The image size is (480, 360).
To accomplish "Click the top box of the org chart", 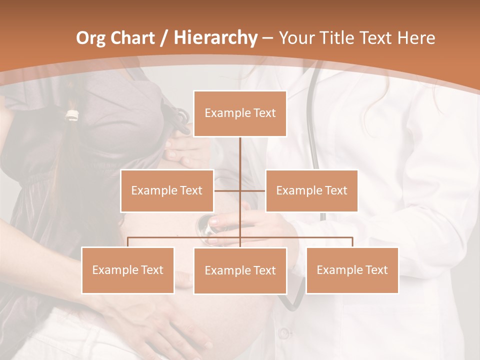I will [240, 113].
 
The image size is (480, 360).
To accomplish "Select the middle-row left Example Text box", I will [167, 190].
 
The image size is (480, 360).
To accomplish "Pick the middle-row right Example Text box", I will [311, 190].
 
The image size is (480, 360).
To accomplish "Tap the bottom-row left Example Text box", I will [127, 270].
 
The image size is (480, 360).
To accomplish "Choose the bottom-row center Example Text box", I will [240, 270].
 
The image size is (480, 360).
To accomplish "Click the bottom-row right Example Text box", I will [352, 270].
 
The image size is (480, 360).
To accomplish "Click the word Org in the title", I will [90, 38].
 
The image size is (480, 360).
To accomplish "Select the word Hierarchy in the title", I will [215, 38].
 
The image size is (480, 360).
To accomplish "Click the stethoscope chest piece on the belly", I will [207, 226].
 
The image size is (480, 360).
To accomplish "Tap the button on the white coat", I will [284, 332].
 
